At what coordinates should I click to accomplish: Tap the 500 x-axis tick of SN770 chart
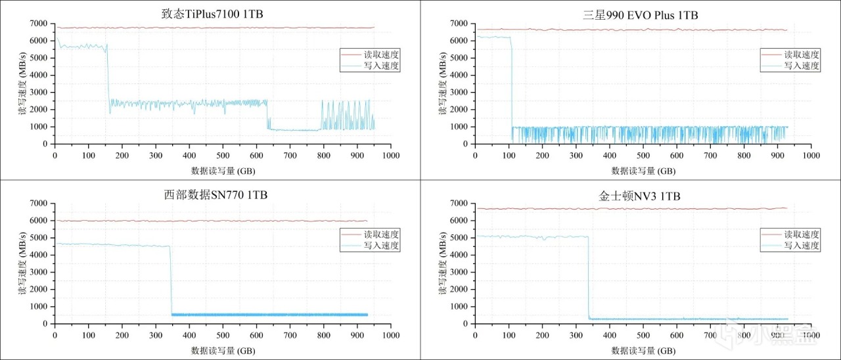223,335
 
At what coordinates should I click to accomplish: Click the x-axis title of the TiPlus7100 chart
223,170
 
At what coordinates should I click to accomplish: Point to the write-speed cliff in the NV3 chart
588,276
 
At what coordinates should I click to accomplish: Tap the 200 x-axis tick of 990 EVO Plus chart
543,155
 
